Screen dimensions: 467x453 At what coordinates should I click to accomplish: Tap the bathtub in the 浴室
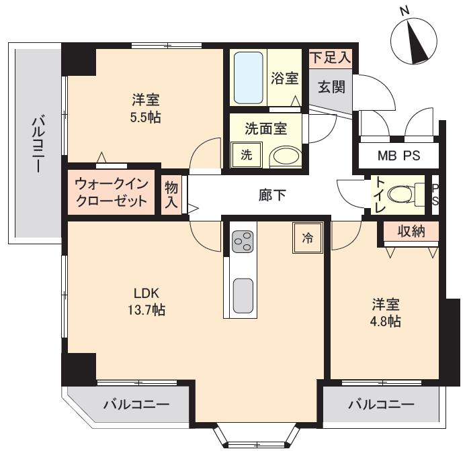(x=248, y=78)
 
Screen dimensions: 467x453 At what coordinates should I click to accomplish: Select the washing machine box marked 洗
(x=247, y=155)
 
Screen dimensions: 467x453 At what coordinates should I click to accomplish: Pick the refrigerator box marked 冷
(x=308, y=238)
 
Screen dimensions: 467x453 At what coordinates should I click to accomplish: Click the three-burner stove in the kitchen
(x=241, y=241)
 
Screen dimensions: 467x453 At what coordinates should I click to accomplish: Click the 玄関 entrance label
(x=331, y=87)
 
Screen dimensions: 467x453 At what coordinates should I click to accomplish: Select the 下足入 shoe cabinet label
(x=331, y=57)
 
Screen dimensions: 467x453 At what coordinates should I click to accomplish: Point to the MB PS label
(x=398, y=156)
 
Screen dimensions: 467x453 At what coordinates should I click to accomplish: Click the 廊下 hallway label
(x=272, y=195)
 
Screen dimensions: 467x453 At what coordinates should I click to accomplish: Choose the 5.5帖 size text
(x=146, y=118)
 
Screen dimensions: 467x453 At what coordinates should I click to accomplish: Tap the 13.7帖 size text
(x=146, y=310)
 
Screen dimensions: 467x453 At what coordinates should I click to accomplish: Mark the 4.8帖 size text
(x=385, y=321)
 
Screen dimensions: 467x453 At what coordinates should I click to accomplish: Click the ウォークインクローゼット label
(x=112, y=193)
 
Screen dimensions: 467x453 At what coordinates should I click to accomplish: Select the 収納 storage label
(x=411, y=231)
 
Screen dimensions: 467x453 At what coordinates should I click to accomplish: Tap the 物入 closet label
(x=171, y=195)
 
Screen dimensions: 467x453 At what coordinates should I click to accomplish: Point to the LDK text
(x=146, y=293)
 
